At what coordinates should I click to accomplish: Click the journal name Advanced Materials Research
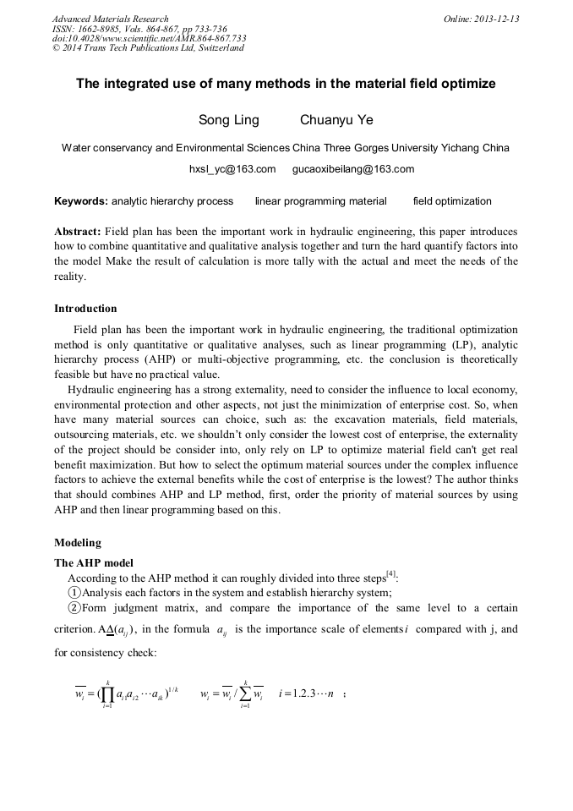pos(110,19)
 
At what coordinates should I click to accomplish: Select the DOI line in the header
pos(149,38)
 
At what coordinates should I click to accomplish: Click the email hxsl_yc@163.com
pos(232,169)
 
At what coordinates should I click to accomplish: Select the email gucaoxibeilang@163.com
pos(352,169)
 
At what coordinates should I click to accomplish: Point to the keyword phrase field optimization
pos(451,201)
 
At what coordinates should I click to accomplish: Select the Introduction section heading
pos(85,308)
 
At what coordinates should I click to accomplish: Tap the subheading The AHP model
pos(93,562)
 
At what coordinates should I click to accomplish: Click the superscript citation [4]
pos(390,574)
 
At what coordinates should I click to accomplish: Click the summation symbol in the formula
pos(244,695)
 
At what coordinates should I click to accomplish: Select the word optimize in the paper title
pos(467,84)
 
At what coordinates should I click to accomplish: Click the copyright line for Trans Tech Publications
pos(148,47)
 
